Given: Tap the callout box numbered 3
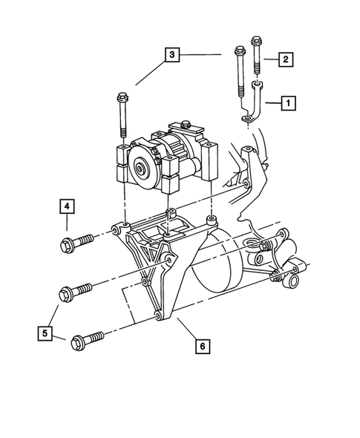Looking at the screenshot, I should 172,54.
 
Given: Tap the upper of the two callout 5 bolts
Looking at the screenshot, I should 78,287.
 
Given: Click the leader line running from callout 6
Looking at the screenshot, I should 186,330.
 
